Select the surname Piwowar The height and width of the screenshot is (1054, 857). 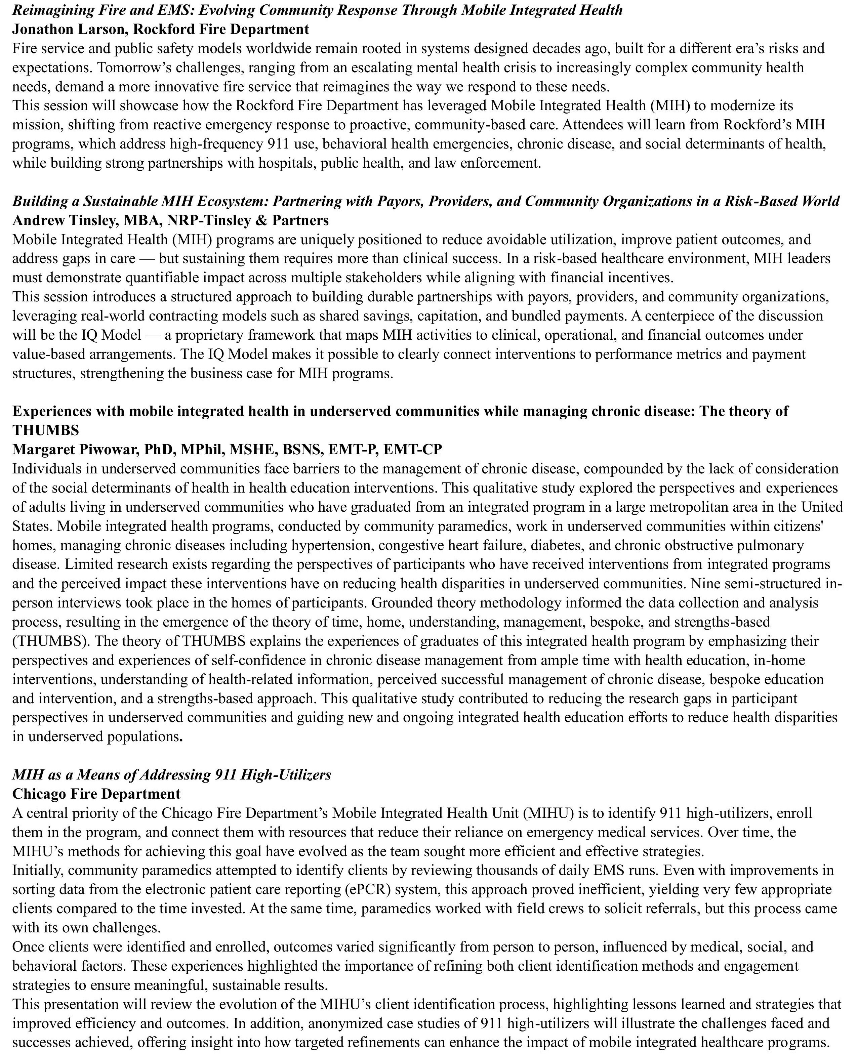click(107, 450)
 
